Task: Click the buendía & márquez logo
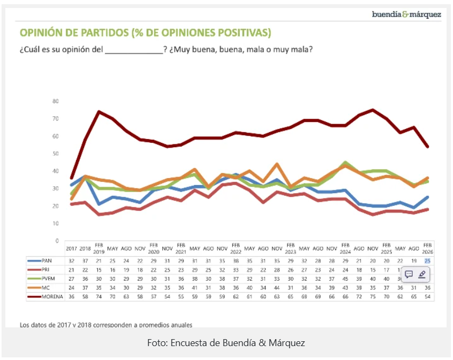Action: pos(406,14)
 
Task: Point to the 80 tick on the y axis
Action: pos(56,101)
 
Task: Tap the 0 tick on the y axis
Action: pos(57,241)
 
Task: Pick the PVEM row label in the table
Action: pos(48,278)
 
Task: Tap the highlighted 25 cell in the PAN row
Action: pos(427,261)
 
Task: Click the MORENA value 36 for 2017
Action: pos(72,296)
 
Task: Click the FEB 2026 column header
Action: pos(427,249)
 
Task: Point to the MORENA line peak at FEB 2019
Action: pos(99,112)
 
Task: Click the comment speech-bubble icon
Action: pos(409,274)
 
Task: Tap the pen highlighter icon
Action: pos(422,274)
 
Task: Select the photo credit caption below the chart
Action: pos(226,343)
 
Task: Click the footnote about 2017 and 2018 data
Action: pos(106,324)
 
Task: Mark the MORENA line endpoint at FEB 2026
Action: pos(427,147)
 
